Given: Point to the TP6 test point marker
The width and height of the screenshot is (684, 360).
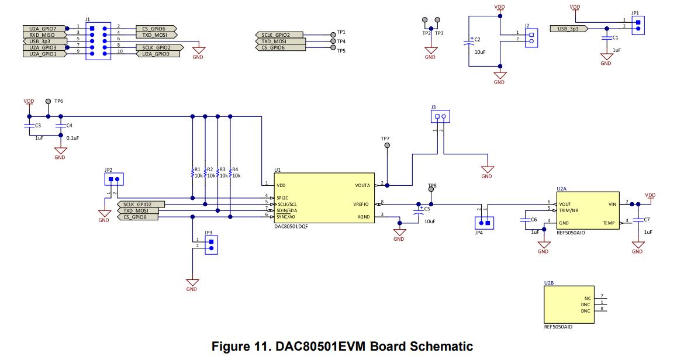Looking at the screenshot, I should point(49,102).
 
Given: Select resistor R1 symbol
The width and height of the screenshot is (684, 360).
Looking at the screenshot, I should point(192,173).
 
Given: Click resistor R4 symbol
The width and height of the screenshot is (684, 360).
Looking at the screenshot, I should point(231,173).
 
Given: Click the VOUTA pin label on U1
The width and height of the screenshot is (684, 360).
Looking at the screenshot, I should point(362,185).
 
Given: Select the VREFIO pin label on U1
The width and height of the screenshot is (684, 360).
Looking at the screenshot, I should point(361,204).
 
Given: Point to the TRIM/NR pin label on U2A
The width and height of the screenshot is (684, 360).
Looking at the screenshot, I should point(568,210).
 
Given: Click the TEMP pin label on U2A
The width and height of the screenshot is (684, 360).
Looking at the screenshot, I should point(609,223).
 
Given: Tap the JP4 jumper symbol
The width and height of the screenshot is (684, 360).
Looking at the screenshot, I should point(484,223).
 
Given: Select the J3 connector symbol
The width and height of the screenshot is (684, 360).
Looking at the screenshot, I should point(440,116).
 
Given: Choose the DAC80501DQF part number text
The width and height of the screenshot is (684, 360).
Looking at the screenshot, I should point(291,226).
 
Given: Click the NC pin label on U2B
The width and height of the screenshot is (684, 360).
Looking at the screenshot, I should point(587,297).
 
